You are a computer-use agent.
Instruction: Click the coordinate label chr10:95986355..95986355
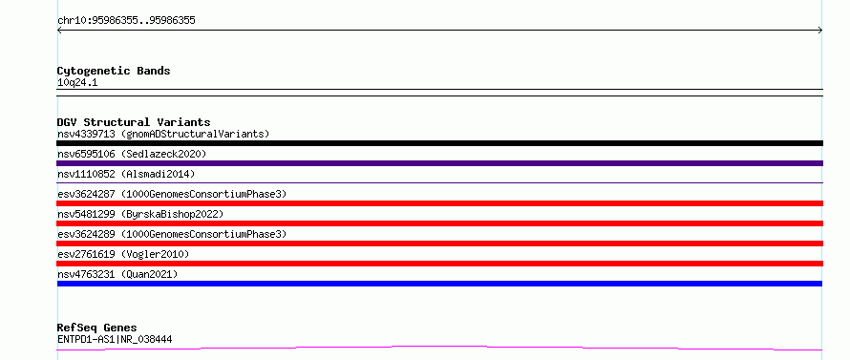pyautogui.click(x=126, y=21)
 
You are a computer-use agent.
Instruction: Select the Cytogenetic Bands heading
pyautogui.click(x=114, y=71)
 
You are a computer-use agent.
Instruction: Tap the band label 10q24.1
pyautogui.click(x=77, y=83)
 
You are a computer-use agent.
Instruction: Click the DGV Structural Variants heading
pyautogui.click(x=134, y=122)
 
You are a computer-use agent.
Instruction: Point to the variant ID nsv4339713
pyautogui.click(x=86, y=134)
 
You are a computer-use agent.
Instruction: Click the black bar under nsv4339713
pyautogui.click(x=439, y=143)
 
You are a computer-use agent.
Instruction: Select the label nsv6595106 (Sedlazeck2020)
pyautogui.click(x=132, y=154)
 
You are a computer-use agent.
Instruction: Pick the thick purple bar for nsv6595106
pyautogui.click(x=439, y=163)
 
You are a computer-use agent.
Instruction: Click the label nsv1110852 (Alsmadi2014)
pyautogui.click(x=126, y=174)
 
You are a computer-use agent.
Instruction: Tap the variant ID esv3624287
pyautogui.click(x=86, y=194)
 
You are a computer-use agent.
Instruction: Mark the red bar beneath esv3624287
pyautogui.click(x=439, y=203)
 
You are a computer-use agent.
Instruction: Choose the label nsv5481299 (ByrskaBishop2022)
pyautogui.click(x=140, y=214)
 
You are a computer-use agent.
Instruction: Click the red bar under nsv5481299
pyautogui.click(x=439, y=223)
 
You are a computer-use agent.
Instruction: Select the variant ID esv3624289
pyautogui.click(x=86, y=234)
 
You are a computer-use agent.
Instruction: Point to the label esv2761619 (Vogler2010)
pyautogui.click(x=123, y=254)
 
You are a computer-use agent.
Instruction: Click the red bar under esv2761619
pyautogui.click(x=439, y=264)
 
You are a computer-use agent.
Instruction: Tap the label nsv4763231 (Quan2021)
pyautogui.click(x=117, y=274)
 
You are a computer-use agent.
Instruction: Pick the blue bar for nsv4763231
pyautogui.click(x=439, y=284)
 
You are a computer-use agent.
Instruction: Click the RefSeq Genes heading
pyautogui.click(x=97, y=328)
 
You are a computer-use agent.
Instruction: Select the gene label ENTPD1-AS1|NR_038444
pyautogui.click(x=115, y=340)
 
